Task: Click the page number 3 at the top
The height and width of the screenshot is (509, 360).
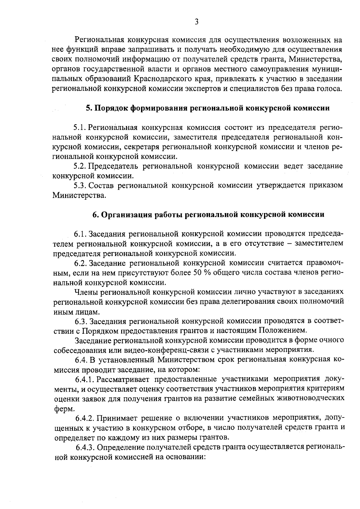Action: pyautogui.click(x=196, y=22)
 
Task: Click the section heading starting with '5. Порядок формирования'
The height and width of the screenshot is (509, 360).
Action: pyautogui.click(x=208, y=108)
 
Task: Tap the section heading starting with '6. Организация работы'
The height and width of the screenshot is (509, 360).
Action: pyautogui.click(x=208, y=215)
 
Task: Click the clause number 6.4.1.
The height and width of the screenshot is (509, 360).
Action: pyautogui.click(x=85, y=379)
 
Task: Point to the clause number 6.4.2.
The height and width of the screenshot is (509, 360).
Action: pyautogui.click(x=85, y=418)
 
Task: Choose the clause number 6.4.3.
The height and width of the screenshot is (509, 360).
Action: pyautogui.click(x=86, y=447)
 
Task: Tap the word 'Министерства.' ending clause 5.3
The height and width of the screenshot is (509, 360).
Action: pyautogui.click(x=79, y=195)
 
